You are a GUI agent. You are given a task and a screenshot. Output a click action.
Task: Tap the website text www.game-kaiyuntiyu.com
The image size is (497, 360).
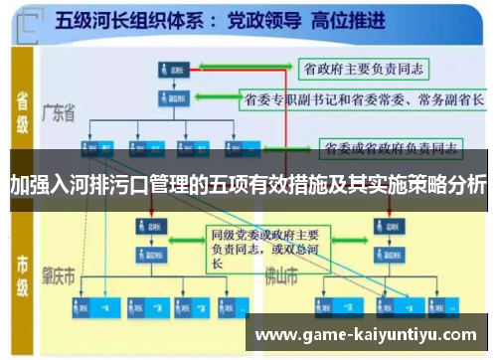pos(367,335)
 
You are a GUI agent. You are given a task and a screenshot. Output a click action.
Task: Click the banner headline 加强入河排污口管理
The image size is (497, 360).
pos(248,184)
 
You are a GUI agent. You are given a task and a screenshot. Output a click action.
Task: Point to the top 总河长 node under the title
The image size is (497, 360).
pos(175,70)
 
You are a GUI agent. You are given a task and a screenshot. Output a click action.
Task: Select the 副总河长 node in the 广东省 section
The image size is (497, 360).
pos(175,98)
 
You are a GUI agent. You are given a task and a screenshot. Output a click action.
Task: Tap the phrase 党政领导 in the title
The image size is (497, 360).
pos(256,19)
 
